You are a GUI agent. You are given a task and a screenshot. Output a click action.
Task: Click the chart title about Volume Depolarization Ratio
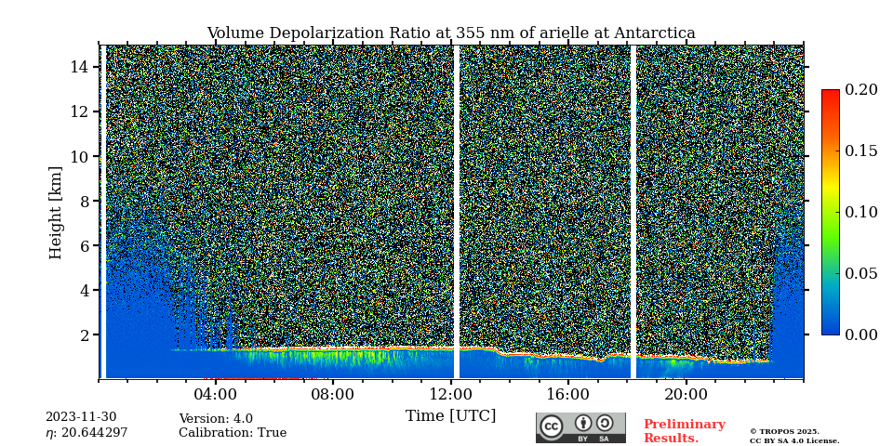451,33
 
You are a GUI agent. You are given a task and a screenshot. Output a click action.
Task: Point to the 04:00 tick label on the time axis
216,394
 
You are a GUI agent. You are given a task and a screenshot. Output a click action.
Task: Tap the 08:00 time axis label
333,394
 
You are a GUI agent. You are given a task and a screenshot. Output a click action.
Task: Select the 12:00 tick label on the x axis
451,394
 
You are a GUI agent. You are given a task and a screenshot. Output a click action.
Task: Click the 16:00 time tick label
568,394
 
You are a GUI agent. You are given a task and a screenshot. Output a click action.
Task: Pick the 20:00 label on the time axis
686,394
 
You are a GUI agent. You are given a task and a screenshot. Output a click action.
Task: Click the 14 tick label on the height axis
79,67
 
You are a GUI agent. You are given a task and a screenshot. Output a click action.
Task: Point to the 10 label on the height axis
79,156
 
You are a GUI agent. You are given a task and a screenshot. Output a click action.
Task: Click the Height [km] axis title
56,212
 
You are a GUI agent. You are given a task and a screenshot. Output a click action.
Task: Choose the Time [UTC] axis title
451,415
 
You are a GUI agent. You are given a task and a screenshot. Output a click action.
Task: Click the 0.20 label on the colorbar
861,90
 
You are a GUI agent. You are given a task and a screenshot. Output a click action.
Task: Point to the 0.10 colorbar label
861,212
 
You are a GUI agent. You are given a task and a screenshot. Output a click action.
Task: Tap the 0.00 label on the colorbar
861,334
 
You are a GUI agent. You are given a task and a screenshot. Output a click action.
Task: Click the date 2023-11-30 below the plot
81,417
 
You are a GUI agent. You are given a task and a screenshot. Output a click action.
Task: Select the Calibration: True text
233,433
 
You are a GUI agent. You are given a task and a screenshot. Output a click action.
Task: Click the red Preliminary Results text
684,431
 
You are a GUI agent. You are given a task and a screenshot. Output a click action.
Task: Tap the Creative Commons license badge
580,427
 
